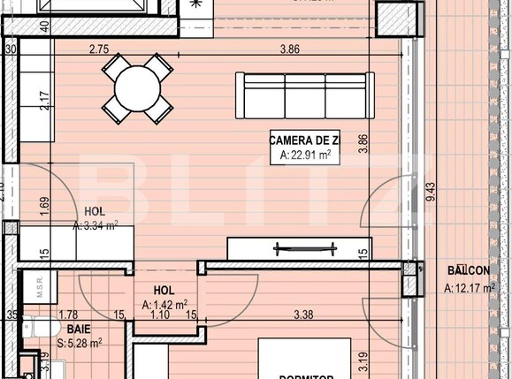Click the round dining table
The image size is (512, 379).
pos(138,87)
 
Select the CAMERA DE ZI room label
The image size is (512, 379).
pos(304,140)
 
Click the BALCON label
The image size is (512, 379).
pos(470,270)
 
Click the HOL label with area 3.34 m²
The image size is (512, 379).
pos(95,211)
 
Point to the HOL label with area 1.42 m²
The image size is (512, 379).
pos(164,290)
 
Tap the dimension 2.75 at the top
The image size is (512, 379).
pos(99,49)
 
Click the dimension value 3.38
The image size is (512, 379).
pos(303,314)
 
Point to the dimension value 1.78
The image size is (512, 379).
pos(68,314)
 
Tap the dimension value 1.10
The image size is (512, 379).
pos(160,314)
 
